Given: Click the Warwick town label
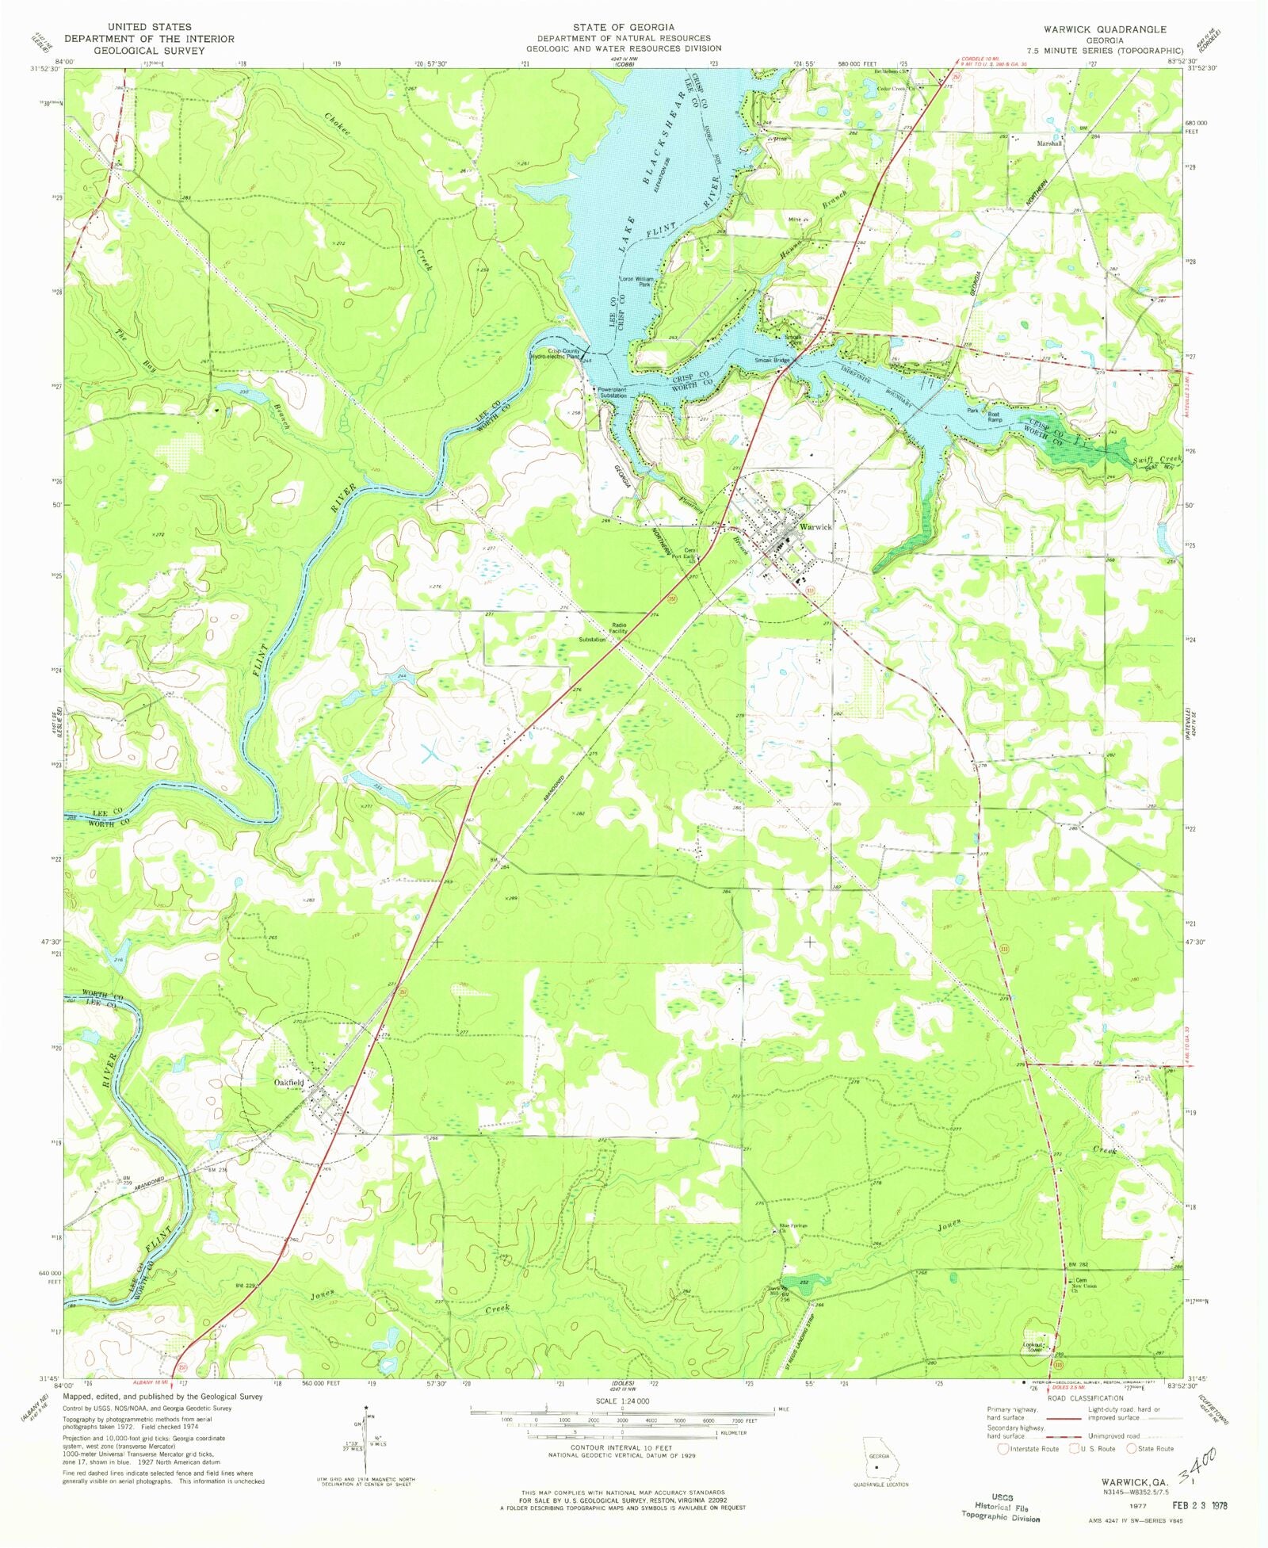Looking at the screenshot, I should (x=815, y=526).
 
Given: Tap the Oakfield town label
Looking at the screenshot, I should (x=288, y=1082).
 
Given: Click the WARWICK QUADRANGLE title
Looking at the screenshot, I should (x=1104, y=29).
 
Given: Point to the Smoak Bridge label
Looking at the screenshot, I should (x=772, y=361).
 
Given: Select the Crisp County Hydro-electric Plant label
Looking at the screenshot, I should (x=556, y=354).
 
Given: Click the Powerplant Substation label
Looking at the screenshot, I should (x=612, y=392).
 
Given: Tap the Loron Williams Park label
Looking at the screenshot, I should (x=636, y=281).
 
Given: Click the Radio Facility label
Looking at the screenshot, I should (x=618, y=628).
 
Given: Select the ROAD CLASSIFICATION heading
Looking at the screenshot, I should (x=1085, y=1398).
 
